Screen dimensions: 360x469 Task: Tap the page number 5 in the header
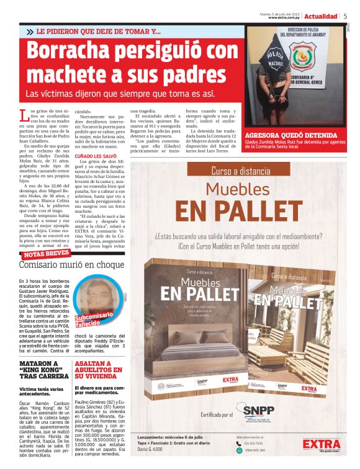point(345,16)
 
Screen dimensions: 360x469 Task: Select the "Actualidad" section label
point(321,16)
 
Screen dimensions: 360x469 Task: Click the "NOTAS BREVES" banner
point(47,254)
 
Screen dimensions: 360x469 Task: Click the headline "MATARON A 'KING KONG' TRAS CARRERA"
point(41,370)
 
